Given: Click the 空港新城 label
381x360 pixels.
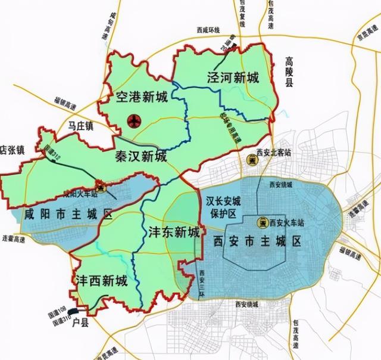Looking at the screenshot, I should click(x=142, y=97).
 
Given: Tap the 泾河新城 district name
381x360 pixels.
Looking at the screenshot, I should click(x=233, y=77).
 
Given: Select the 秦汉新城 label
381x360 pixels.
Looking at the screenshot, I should click(x=142, y=156).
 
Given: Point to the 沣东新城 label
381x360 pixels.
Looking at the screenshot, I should click(x=173, y=232).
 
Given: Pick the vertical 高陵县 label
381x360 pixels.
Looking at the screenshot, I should click(x=289, y=72).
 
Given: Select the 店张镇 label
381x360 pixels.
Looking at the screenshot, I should click(x=12, y=149).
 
